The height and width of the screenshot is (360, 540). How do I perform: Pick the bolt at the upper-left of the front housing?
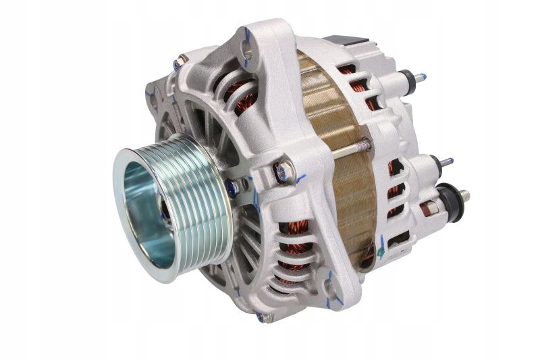180,63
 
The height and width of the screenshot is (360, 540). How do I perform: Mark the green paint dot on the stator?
381,251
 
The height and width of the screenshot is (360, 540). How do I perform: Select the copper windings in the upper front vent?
240,95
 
